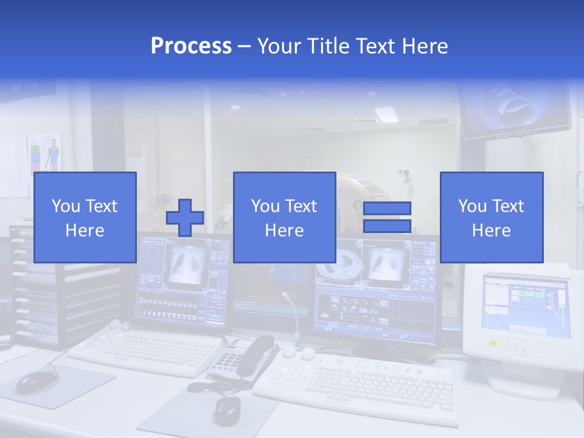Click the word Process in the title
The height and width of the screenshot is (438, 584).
[191, 46]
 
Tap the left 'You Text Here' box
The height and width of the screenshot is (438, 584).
[85, 217]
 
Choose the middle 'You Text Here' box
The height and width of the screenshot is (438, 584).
[284, 217]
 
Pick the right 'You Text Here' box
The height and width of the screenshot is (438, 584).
[491, 217]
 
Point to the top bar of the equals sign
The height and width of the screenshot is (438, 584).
[387, 209]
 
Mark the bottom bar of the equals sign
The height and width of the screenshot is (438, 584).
[387, 226]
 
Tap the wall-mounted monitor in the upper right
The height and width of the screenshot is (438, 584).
[514, 109]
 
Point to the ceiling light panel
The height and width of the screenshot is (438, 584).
[386, 114]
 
